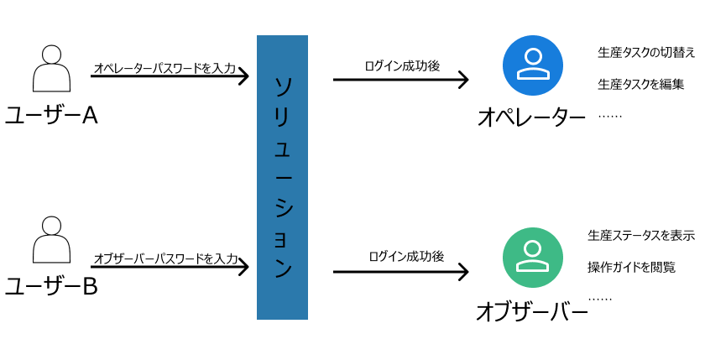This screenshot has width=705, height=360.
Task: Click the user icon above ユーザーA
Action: pyautogui.click(x=51, y=69)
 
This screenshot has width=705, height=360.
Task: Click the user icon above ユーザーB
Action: pyautogui.click(x=51, y=241)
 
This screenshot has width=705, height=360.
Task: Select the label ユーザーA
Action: pyautogui.click(x=51, y=116)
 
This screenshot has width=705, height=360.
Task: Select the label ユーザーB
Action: pyautogui.click(x=51, y=287)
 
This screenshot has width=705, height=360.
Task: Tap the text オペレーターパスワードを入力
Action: pyautogui.click(x=164, y=68)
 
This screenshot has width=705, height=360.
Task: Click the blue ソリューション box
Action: pyautogui.click(x=282, y=177)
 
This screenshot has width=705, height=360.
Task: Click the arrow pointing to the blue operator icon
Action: pyautogui.click(x=399, y=80)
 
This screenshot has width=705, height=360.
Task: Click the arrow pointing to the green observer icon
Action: pyautogui.click(x=399, y=270)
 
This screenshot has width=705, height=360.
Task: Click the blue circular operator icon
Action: pyautogui.click(x=532, y=65)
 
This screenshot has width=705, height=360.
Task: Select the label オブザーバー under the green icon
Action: pyautogui.click(x=531, y=312)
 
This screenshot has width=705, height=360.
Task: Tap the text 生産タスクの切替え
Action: pyautogui.click(x=646, y=53)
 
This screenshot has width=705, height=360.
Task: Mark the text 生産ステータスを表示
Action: pyautogui.click(x=641, y=235)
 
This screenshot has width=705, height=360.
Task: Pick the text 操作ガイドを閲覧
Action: pyautogui.click(x=631, y=267)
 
